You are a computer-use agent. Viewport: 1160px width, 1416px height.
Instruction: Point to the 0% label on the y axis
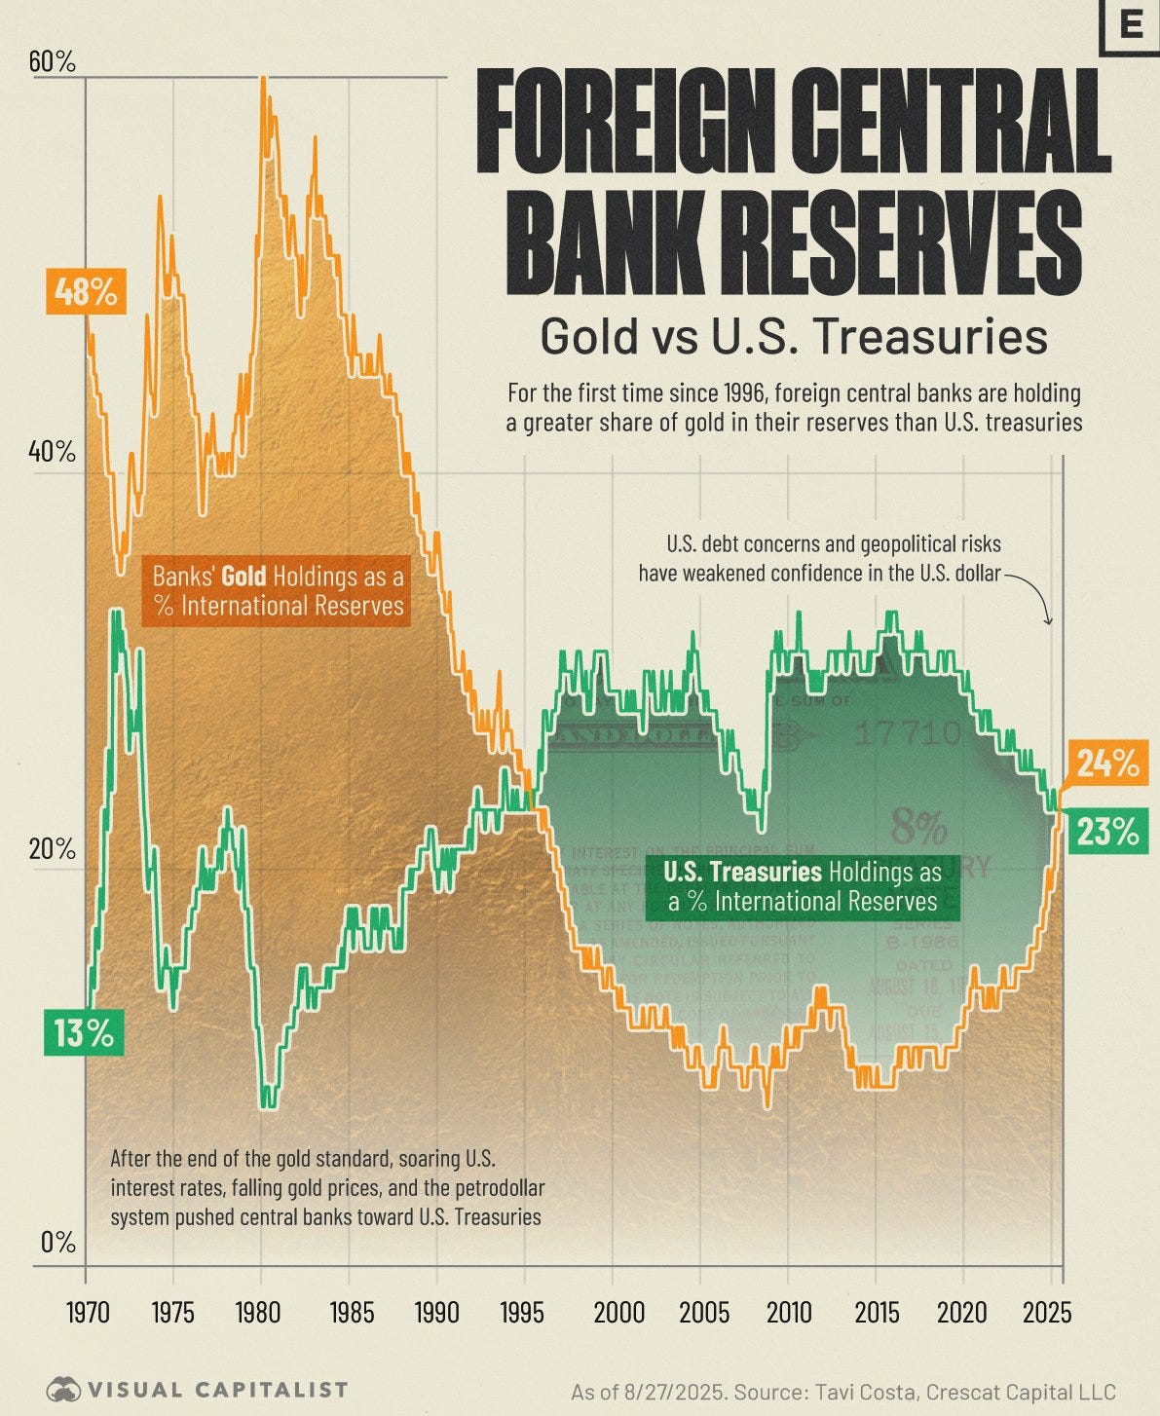(56, 1242)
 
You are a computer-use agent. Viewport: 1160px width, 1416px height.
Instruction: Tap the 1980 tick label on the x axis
(260, 1312)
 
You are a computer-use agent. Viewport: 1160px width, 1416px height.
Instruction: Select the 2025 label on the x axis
(1048, 1312)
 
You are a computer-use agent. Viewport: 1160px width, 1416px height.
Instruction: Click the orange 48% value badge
(86, 292)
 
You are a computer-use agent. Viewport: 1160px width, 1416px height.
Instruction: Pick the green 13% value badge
(85, 1033)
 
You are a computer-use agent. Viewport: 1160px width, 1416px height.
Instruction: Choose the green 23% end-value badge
(1106, 832)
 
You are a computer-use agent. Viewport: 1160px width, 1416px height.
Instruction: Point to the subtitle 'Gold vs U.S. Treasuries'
(794, 337)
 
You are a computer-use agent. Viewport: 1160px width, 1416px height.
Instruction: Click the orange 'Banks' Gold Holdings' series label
(279, 591)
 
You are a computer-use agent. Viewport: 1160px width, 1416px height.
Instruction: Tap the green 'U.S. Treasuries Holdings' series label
(803, 886)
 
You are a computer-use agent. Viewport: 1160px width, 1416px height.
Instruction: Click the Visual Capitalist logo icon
(63, 1390)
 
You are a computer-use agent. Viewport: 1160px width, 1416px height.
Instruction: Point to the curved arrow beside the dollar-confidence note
(1032, 596)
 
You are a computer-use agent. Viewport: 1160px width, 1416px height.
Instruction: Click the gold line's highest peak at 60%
(263, 80)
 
